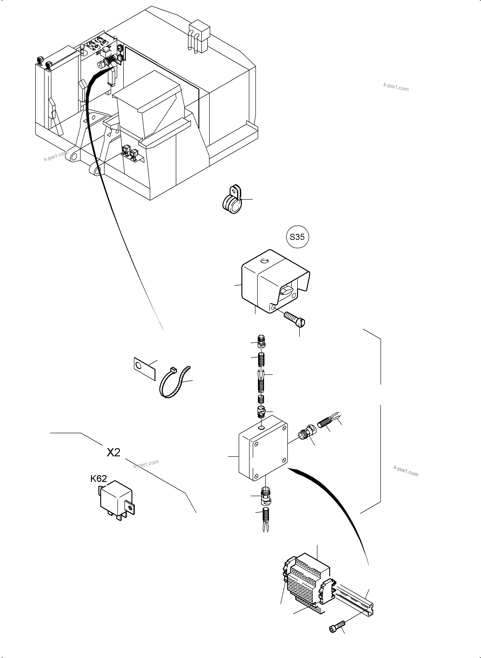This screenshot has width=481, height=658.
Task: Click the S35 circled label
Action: pyautogui.click(x=297, y=237)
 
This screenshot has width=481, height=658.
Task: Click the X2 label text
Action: pyautogui.click(x=113, y=452)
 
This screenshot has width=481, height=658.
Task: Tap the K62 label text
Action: pyautogui.click(x=98, y=479)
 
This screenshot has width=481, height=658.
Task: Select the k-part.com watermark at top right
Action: pyautogui.click(x=396, y=86)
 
